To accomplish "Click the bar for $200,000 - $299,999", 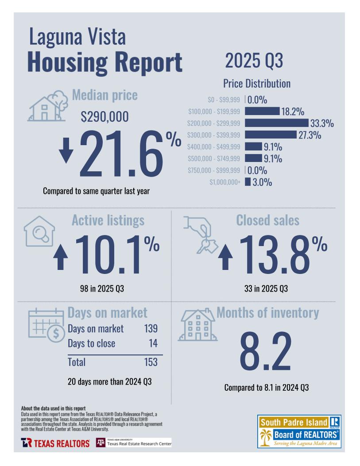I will (276, 123).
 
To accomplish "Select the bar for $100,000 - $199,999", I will (262, 111).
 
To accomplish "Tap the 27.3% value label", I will (310, 135).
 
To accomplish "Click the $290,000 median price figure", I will (105, 117).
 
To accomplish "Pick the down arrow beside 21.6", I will (66, 150).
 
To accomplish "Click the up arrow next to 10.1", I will (61, 258).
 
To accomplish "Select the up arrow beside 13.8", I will (226, 258).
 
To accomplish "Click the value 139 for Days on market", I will (151, 329).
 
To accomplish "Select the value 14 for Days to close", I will (153, 343).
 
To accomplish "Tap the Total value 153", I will (151, 362).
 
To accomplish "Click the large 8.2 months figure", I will (266, 351).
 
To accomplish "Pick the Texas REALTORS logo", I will (55, 443).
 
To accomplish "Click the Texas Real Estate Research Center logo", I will (133, 443).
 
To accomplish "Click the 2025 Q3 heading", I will (254, 61).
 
